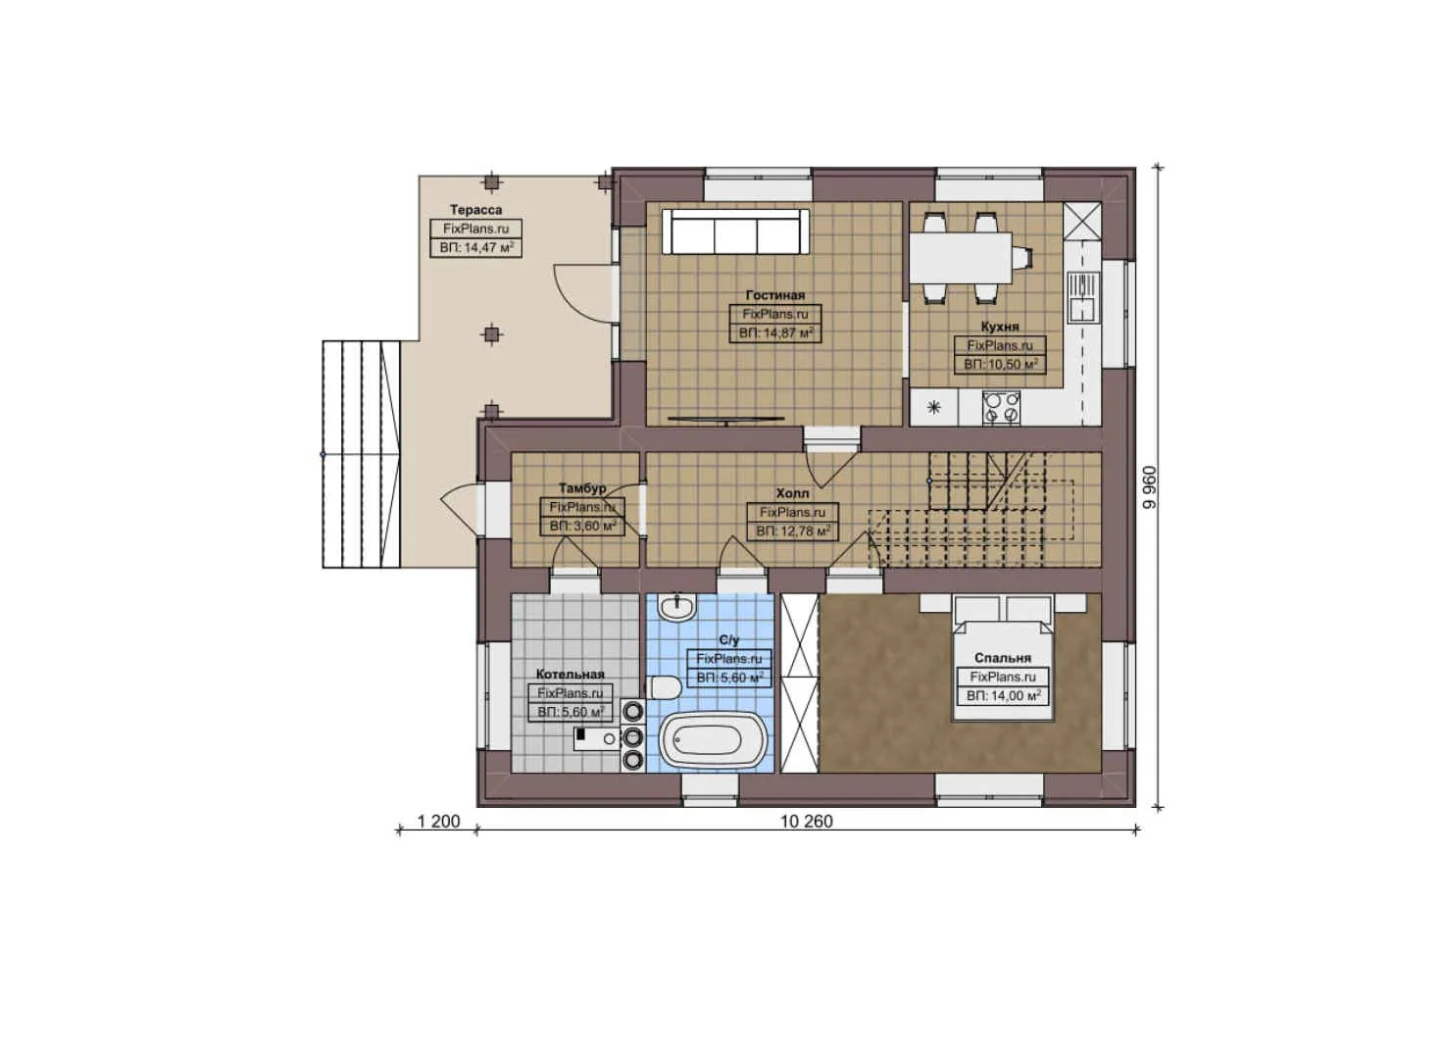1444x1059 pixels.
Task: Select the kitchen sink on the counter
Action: pyautogui.click(x=1082, y=297)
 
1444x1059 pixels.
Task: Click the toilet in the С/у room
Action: pyautogui.click(x=665, y=687)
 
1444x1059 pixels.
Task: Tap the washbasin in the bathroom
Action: pyautogui.click(x=676, y=608)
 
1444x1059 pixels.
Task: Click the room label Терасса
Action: pyautogui.click(x=475, y=210)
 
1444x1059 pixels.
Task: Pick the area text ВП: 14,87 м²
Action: pyautogui.click(x=774, y=333)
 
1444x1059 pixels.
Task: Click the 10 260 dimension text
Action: pyautogui.click(x=806, y=822)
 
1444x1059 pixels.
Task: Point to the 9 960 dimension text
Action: pyautogui.click(x=1149, y=486)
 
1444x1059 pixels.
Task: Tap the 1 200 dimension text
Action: pyautogui.click(x=438, y=822)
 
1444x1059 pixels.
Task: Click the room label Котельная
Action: pyautogui.click(x=570, y=675)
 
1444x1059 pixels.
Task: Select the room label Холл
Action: pyautogui.click(x=792, y=493)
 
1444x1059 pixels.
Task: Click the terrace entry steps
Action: pyautogui.click(x=362, y=454)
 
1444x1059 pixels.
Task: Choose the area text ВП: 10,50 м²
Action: pyautogui.click(x=1000, y=364)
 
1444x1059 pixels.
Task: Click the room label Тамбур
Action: pyautogui.click(x=582, y=488)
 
